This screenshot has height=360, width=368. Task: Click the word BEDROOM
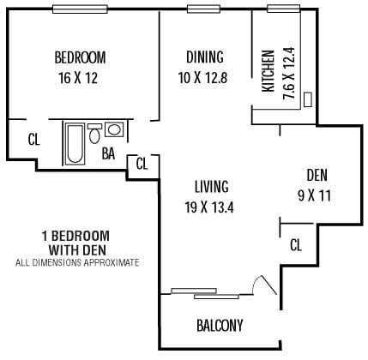pos(80,58)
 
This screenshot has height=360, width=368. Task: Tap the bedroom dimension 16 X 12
pos(80,77)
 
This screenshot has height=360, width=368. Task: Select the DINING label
pos(204,57)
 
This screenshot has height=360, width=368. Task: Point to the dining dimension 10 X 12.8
pos(204,76)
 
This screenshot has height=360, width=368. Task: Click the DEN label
pos(317,177)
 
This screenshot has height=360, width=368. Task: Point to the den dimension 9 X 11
pos(316,195)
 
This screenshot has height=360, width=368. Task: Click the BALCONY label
pos(220,326)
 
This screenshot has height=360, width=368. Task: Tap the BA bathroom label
pos(108,155)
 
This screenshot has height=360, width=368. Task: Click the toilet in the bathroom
pos(94,132)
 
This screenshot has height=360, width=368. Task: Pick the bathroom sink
pos(113,131)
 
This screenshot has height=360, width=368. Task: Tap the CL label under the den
pos(296,246)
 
